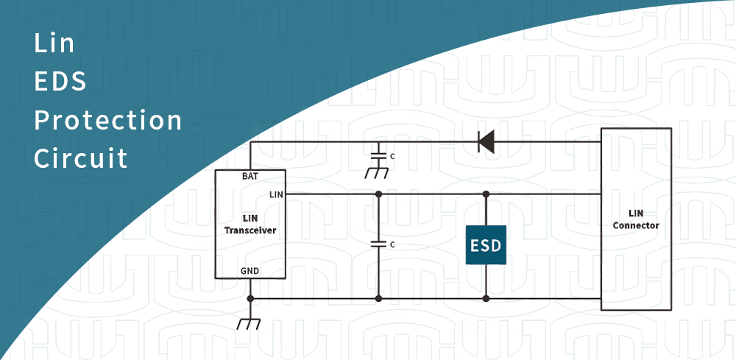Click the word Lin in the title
click(x=54, y=43)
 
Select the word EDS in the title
click(x=60, y=82)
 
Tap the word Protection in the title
click(x=108, y=120)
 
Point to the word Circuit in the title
click(x=81, y=158)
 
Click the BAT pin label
click(x=250, y=177)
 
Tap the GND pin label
click(x=250, y=271)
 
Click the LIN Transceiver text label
click(x=250, y=225)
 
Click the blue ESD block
click(x=486, y=246)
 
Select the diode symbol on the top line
click(x=486, y=142)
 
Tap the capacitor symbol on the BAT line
click(x=378, y=157)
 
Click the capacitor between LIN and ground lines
click(x=378, y=242)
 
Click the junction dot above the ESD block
click(x=486, y=194)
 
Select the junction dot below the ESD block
click(x=486, y=298)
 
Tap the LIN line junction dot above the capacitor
click(x=378, y=194)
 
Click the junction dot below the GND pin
click(x=250, y=298)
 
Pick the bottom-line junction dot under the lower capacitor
click(x=378, y=298)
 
